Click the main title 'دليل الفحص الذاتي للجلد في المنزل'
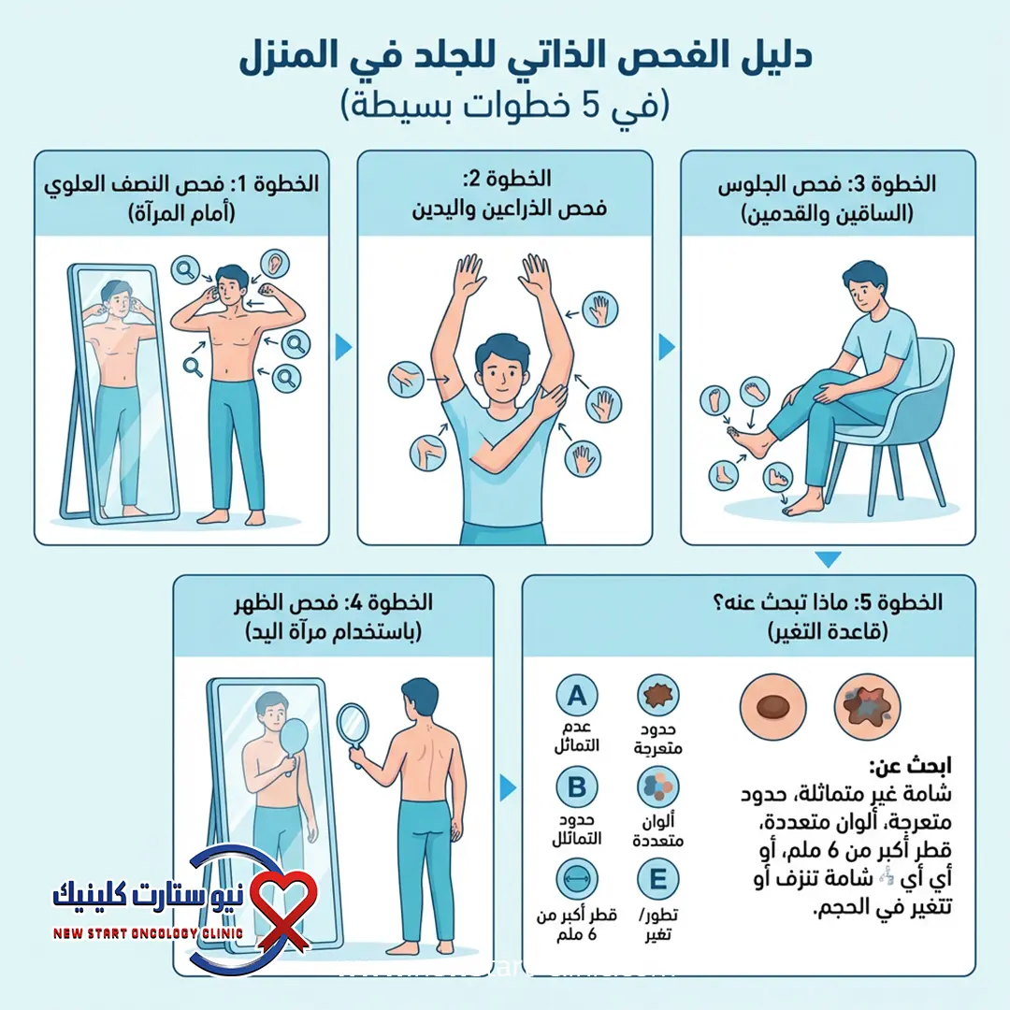pyautogui.click(x=505, y=58)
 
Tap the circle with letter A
pyautogui.click(x=577, y=695)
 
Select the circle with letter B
pyautogui.click(x=577, y=786)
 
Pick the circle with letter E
pyautogui.click(x=657, y=880)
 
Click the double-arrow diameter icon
pyautogui.click(x=577, y=880)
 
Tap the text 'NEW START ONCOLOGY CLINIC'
pyautogui.click(x=148, y=933)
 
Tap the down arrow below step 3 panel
pyautogui.click(x=828, y=559)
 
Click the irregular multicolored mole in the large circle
pyautogui.click(x=866, y=705)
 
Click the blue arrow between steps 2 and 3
pyautogui.click(x=667, y=348)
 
